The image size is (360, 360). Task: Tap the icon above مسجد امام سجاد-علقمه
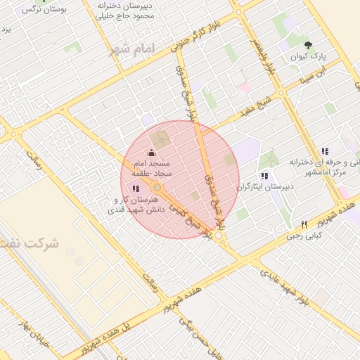coord(151,153)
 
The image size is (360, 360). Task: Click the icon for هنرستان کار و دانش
coord(136,188)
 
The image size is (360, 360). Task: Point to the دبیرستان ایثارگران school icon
coord(264,176)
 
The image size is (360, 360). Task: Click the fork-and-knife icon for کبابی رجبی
coord(304,225)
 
